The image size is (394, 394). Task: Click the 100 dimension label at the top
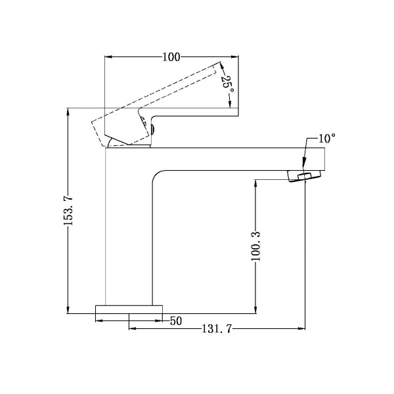tap(171, 57)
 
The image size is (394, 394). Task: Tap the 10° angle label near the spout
tap(326, 139)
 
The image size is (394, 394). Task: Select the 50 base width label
tap(176, 321)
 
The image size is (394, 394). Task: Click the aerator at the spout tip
tap(305, 176)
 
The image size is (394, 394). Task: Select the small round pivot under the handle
tap(152, 129)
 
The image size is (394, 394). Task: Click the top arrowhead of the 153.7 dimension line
tap(68, 112)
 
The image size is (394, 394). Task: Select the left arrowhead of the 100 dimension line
tap(109, 57)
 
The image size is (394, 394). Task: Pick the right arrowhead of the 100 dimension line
tap(234, 57)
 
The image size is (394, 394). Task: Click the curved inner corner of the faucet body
tap(158, 175)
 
